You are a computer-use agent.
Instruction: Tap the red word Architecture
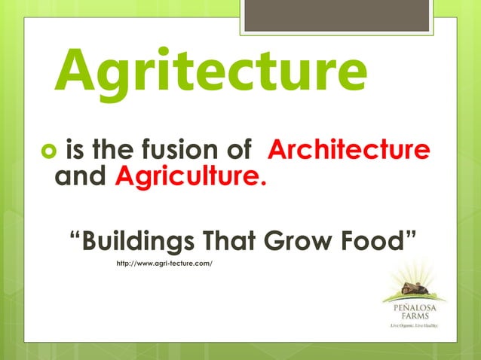click(x=348, y=149)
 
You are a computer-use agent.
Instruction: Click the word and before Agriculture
click(x=83, y=178)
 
